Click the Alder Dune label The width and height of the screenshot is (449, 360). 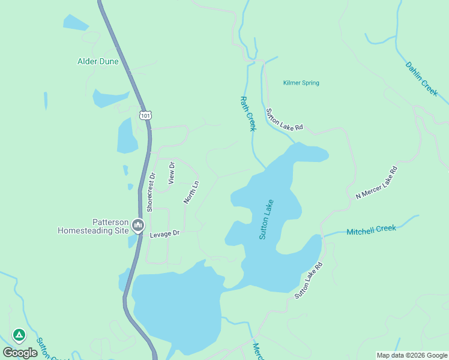(x=98, y=61)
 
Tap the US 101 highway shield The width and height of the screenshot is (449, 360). (x=145, y=115)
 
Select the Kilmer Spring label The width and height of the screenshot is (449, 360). (x=301, y=83)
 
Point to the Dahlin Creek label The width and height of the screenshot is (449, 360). (x=422, y=79)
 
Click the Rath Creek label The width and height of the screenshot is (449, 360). (x=248, y=113)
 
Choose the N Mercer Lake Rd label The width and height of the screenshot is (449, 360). (x=376, y=183)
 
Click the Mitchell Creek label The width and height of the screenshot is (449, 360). (x=371, y=229)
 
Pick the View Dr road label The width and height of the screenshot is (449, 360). (x=172, y=172)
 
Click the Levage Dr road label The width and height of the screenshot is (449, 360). (x=164, y=233)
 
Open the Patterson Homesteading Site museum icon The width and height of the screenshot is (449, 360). (x=139, y=225)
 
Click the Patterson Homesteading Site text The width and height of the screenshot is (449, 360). (x=94, y=225)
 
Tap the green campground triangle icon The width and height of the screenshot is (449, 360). (x=19, y=335)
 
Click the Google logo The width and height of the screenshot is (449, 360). (x=20, y=352)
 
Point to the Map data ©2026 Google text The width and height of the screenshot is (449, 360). (x=412, y=355)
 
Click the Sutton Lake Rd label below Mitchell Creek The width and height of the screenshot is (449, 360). (x=309, y=280)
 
